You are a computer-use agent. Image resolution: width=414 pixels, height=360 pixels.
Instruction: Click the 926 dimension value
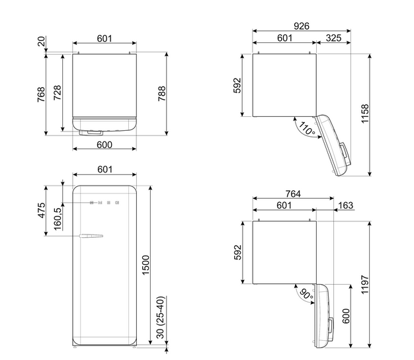click(302, 26)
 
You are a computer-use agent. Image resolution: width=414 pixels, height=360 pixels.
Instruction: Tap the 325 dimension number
click(333, 38)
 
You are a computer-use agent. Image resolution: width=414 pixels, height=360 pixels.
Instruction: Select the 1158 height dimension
click(364, 114)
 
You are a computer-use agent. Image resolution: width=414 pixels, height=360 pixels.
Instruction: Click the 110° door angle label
click(307, 129)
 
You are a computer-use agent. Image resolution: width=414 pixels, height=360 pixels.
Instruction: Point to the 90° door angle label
click(307, 294)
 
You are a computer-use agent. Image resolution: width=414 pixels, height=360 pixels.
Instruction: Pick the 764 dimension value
click(293, 194)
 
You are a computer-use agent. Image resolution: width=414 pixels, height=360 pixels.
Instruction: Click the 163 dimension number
click(345, 205)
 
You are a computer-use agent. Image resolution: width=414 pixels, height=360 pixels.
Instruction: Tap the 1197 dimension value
click(364, 285)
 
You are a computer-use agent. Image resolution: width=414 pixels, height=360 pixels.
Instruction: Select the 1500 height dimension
click(145, 265)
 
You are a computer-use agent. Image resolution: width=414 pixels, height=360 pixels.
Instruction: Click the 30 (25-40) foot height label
click(160, 317)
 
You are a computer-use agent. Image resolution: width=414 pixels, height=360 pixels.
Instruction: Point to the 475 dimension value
click(42, 211)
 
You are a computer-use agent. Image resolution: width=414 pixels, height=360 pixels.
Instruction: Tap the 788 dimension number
click(161, 94)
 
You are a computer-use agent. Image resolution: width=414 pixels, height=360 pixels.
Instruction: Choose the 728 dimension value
click(58, 92)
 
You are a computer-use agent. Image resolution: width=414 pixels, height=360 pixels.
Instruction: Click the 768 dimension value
click(41, 94)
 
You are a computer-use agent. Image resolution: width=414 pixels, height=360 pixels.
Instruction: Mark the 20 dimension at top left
click(42, 42)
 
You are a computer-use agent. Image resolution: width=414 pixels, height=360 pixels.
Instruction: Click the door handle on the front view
click(91, 236)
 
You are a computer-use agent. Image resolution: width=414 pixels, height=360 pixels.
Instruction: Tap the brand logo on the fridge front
click(104, 203)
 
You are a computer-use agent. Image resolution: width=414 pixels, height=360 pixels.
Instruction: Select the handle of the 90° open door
click(331, 326)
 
